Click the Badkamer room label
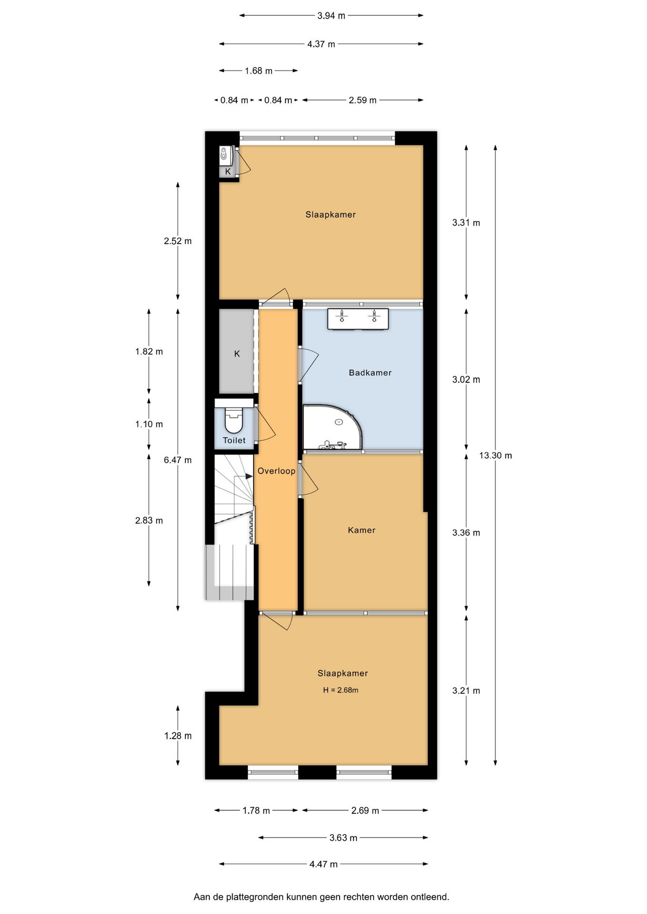coord(370,373)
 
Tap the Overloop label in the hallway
coord(276,471)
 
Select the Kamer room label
coord(362,530)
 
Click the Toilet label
coord(234,440)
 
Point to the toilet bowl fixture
coord(233,419)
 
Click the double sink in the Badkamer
coord(358,319)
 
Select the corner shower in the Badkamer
coord(333,427)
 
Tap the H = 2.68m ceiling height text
coord(341,690)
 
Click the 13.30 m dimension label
coord(495,456)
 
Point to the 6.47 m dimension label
coord(178,460)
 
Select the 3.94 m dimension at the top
coord(331,16)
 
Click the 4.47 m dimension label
coord(323,864)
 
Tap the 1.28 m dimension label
coord(178,736)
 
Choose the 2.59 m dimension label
coord(363,100)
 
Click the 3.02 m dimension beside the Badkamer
coord(466,379)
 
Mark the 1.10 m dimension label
coord(149,424)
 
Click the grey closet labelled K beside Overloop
coord(236,351)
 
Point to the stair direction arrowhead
coord(249,476)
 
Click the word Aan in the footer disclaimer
coord(202,897)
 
